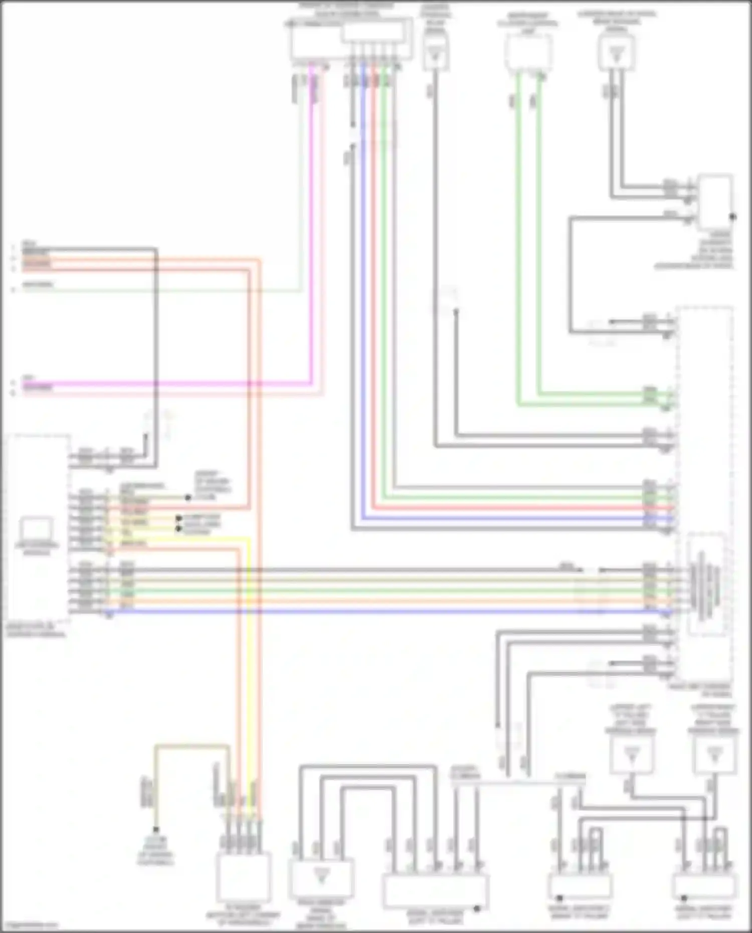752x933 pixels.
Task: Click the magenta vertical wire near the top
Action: click(x=311, y=226)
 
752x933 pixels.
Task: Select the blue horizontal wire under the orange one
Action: click(x=351, y=611)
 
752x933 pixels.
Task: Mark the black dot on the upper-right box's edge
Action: click(x=732, y=217)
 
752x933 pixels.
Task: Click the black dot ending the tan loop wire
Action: click(x=156, y=829)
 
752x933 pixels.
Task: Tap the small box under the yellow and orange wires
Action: click(x=244, y=877)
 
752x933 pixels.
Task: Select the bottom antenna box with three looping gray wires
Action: click(x=321, y=877)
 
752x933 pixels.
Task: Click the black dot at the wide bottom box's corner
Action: click(x=477, y=908)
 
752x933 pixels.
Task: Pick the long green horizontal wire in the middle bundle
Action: click(x=351, y=591)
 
